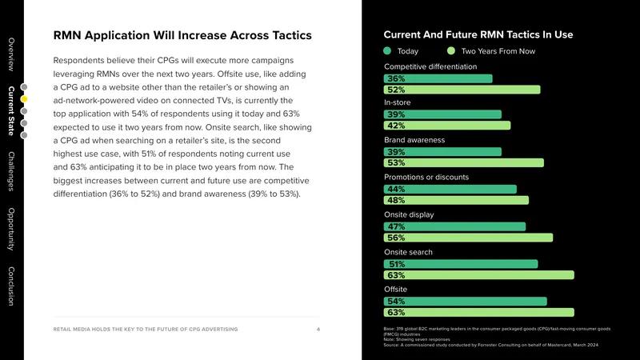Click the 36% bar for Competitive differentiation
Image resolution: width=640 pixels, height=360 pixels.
pos(438,78)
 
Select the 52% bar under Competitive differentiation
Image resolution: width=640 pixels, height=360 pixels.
pos(462,90)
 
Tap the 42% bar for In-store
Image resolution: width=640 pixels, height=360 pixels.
pos(447,126)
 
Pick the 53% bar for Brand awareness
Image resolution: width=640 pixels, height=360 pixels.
pos(464,163)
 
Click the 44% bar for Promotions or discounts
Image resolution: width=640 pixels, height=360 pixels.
pos(450,190)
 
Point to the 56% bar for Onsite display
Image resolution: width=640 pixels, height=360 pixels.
pos(468,238)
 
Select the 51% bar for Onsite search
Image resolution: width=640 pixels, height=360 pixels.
pos(461,265)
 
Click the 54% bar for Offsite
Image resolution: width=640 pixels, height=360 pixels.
pos(466,302)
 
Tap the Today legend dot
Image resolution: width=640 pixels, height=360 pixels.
pos(387,51)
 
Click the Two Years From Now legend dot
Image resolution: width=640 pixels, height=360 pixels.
pos(451,51)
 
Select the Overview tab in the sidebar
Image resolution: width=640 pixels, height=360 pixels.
pos(11,54)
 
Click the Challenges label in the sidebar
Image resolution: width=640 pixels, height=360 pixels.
pos(11,171)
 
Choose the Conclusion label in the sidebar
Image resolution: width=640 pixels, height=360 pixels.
pos(11,286)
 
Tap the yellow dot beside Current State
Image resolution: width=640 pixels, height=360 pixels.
pos(24,98)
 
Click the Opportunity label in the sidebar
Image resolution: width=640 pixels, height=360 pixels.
pos(11,229)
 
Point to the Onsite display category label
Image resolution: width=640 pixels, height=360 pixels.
pos(409,214)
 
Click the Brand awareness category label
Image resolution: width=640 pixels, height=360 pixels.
pos(414,140)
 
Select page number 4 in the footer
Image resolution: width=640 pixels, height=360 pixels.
pos(318,330)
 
